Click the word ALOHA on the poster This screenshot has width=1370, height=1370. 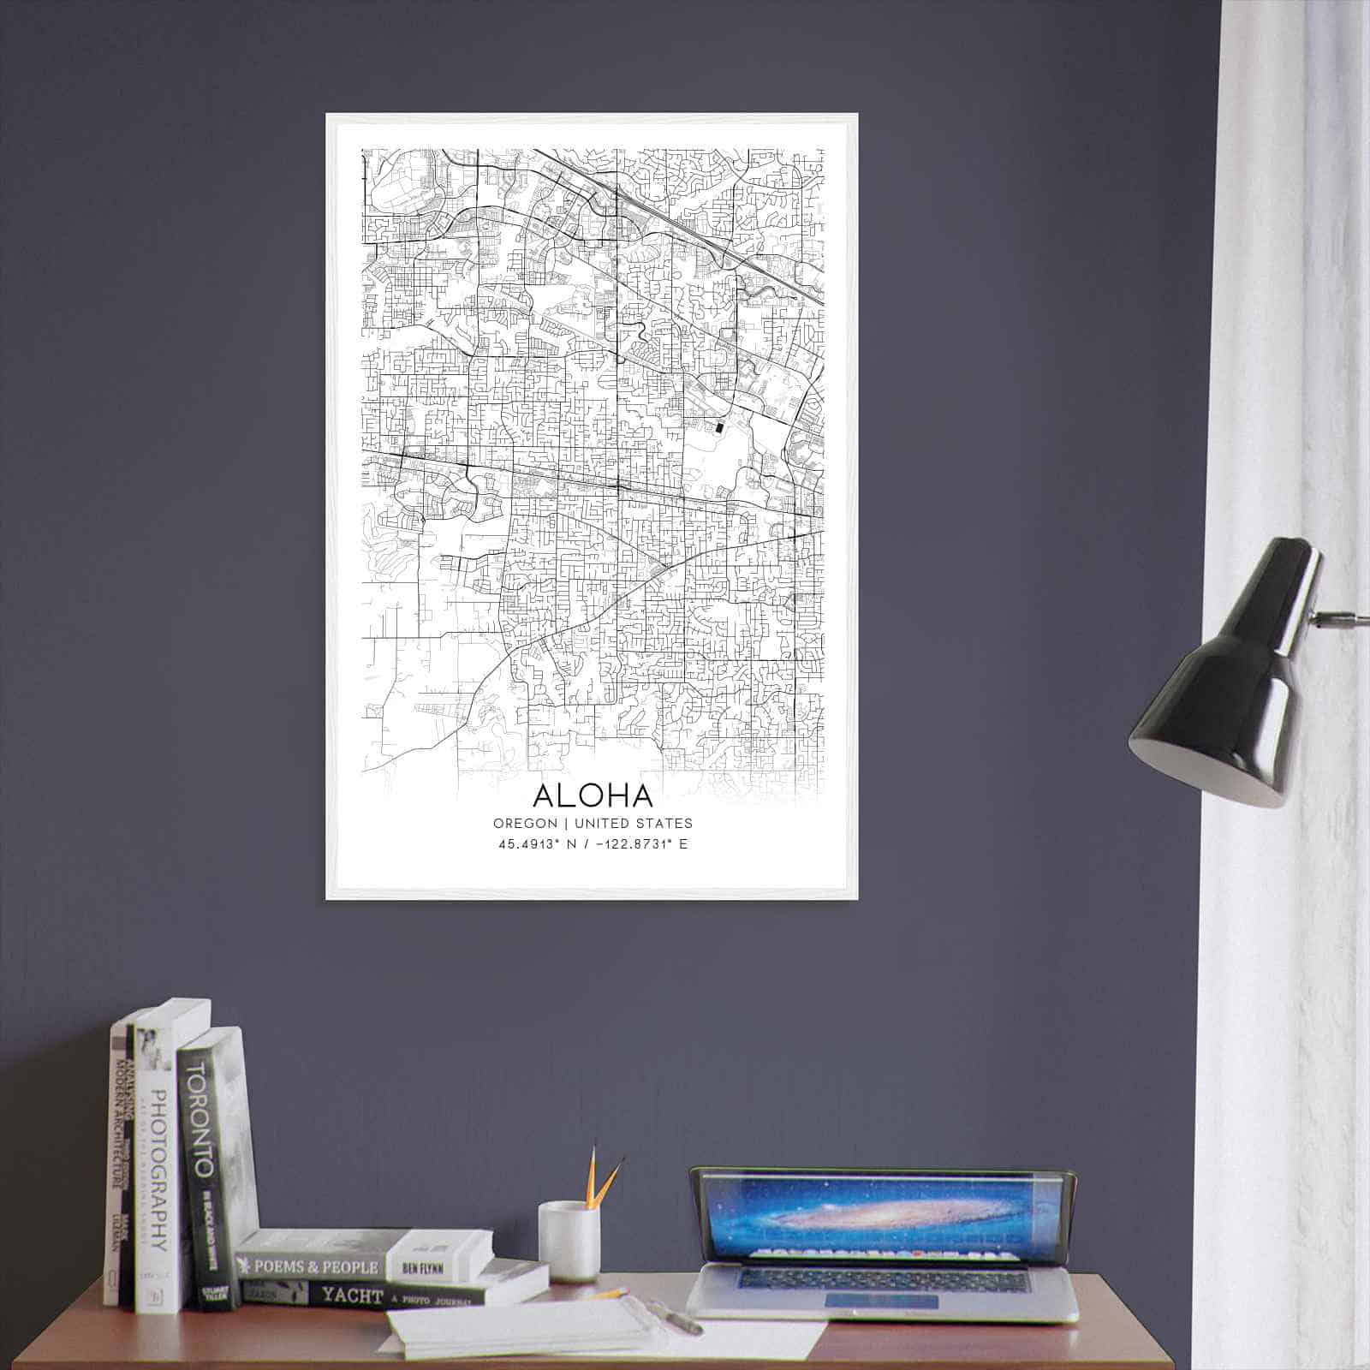pos(593,795)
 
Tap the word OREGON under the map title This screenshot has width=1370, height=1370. pos(525,824)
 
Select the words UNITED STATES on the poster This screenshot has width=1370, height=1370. pos(634,824)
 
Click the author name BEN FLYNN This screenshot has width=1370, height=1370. pos(420,1266)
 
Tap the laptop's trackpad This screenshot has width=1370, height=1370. pos(881,1301)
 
